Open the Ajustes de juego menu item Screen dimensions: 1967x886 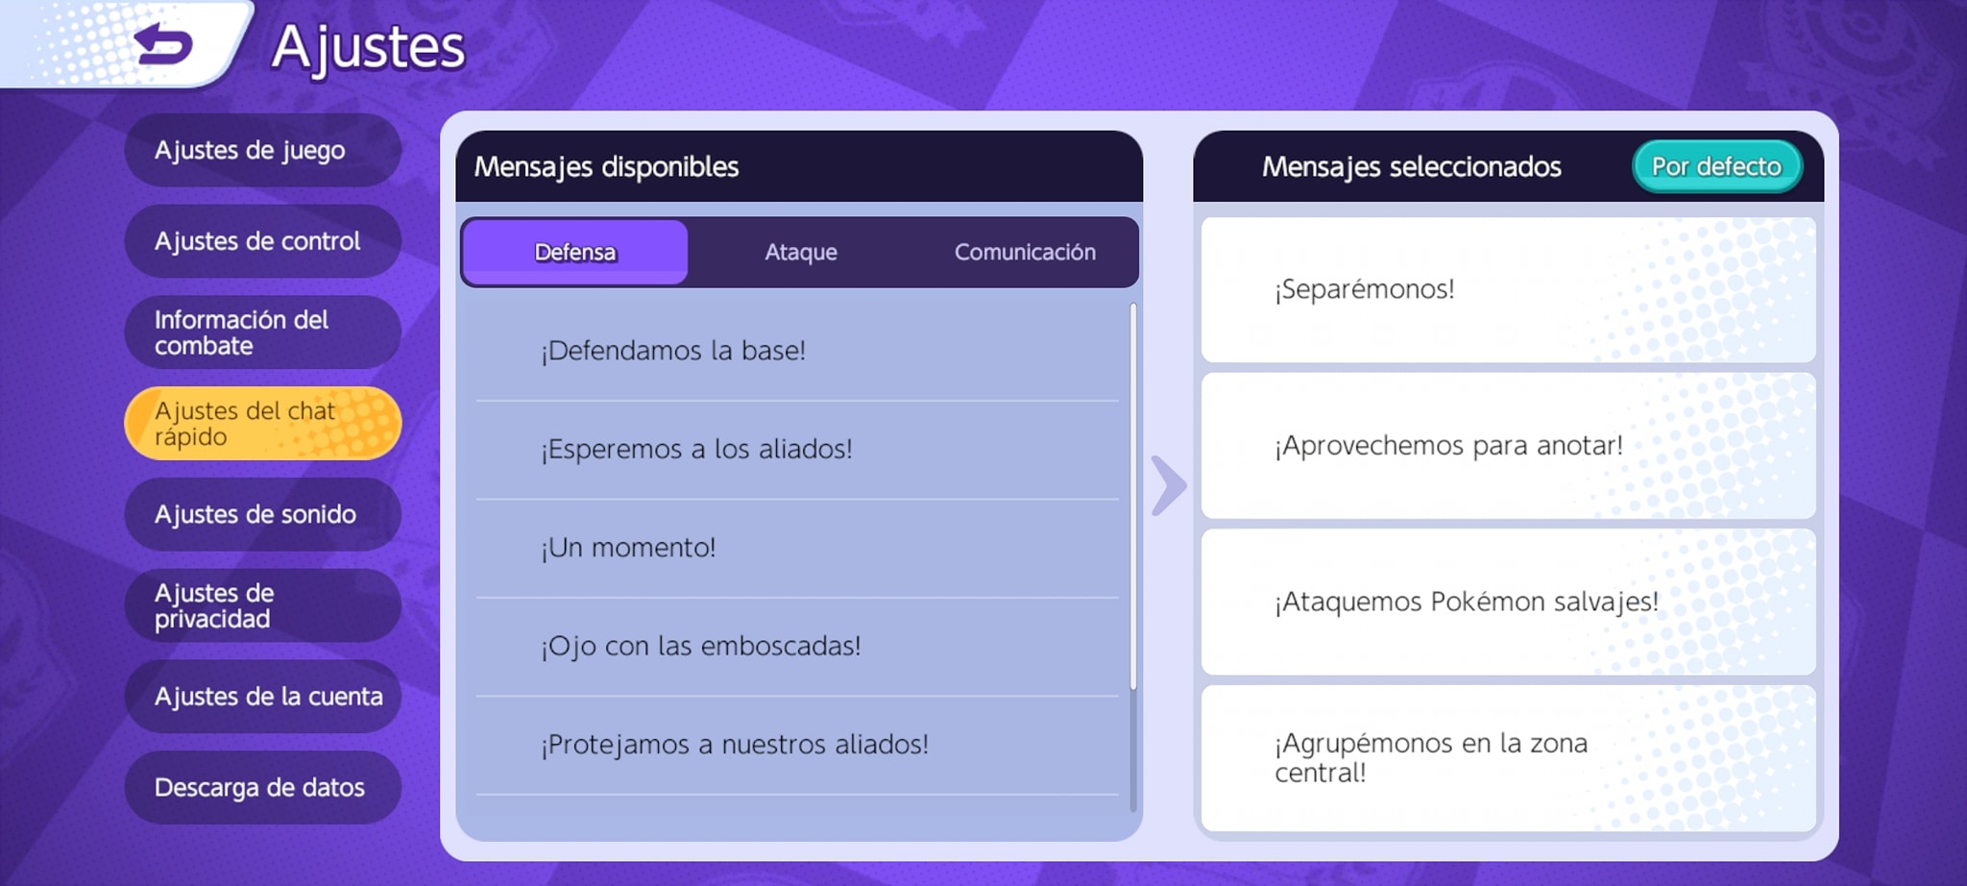[262, 150]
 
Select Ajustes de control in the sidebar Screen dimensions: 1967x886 [262, 241]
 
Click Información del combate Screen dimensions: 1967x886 [262, 332]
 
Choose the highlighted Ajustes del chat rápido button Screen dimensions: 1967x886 [262, 423]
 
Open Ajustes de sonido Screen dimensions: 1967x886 [262, 514]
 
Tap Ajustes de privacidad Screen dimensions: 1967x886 [262, 605]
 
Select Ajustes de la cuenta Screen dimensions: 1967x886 [262, 697]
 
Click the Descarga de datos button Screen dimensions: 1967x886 [262, 787]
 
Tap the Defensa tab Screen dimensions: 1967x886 [575, 252]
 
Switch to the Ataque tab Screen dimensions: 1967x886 [801, 252]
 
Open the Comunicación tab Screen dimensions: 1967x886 [1025, 252]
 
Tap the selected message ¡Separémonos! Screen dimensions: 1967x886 [1508, 289]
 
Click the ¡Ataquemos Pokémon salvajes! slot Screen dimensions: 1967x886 [1508, 602]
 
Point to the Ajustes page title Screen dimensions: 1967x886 [368, 48]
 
